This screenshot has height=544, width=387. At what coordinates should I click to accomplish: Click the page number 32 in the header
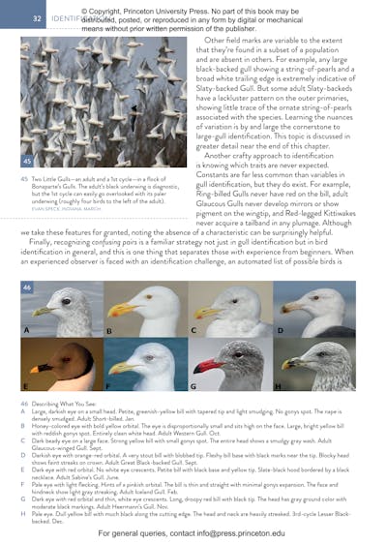37,17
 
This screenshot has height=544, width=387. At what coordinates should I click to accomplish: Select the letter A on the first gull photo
26,329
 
